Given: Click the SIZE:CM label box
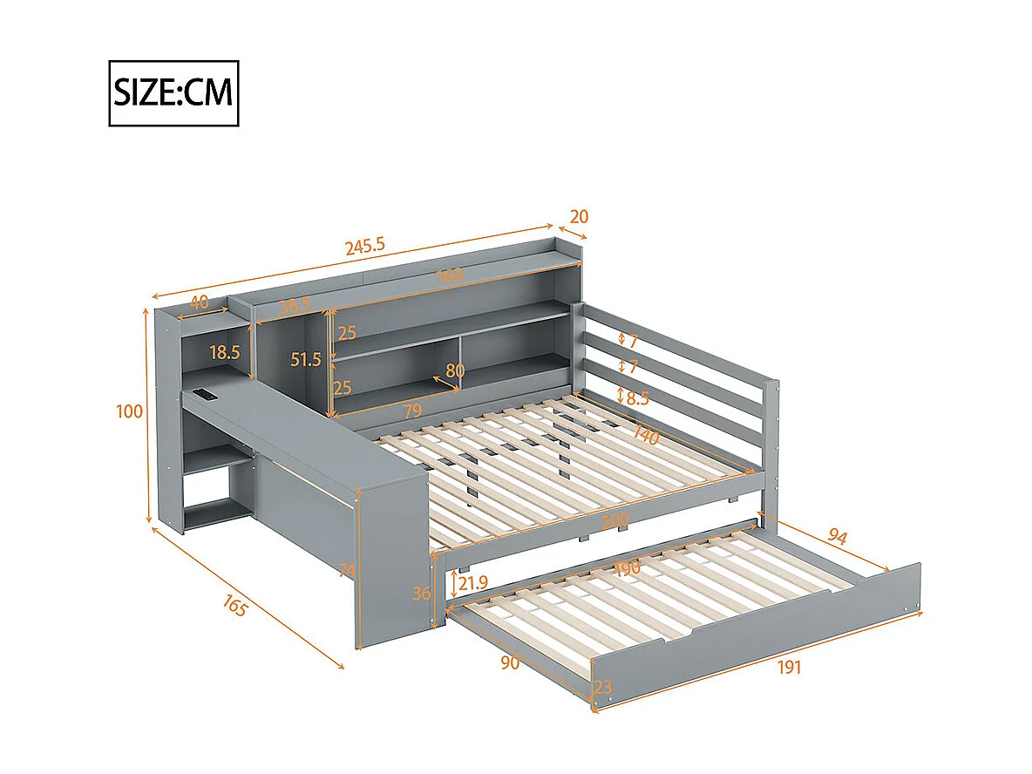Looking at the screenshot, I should [173, 93].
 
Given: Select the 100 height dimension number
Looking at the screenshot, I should [129, 411].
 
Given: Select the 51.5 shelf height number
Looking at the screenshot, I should [306, 358].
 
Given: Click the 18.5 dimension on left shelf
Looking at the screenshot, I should [225, 352].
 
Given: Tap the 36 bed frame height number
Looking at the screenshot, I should [422, 593].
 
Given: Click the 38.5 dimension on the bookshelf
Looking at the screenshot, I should [295, 306].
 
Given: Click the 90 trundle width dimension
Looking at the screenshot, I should [511, 662].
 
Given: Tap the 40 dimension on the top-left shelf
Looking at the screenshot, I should [199, 302].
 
